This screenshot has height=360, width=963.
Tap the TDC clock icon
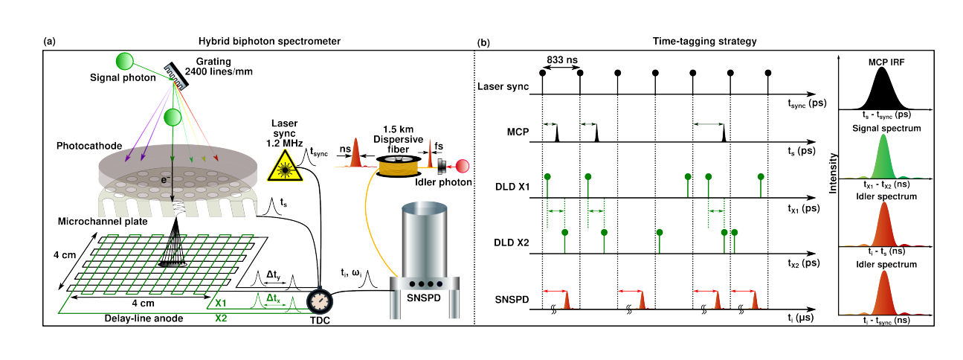tap(319, 300)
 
